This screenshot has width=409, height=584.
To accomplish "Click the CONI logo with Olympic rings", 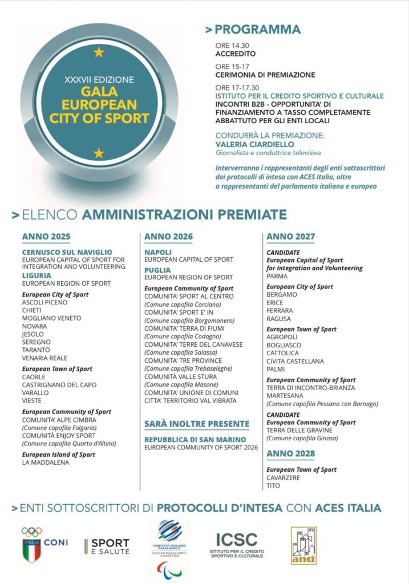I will point(43,544).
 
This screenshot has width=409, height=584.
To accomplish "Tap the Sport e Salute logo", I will point(107,546).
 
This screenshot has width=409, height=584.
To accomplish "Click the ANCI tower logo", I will point(303,545).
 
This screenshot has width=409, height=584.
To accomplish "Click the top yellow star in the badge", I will point(99,52).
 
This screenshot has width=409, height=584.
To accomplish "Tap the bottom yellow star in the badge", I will point(99,153).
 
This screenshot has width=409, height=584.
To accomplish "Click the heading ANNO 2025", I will point(46,237).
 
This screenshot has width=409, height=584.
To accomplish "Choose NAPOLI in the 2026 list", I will point(158,252).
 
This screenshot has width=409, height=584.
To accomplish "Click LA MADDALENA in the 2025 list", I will point(45,463).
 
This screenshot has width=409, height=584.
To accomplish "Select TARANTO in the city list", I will point(36,350).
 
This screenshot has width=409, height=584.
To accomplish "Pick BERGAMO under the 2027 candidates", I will point(282,294).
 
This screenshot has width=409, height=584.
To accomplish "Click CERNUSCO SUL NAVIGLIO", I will point(67,252).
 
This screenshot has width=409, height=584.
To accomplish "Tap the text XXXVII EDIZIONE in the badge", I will point(99,79).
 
